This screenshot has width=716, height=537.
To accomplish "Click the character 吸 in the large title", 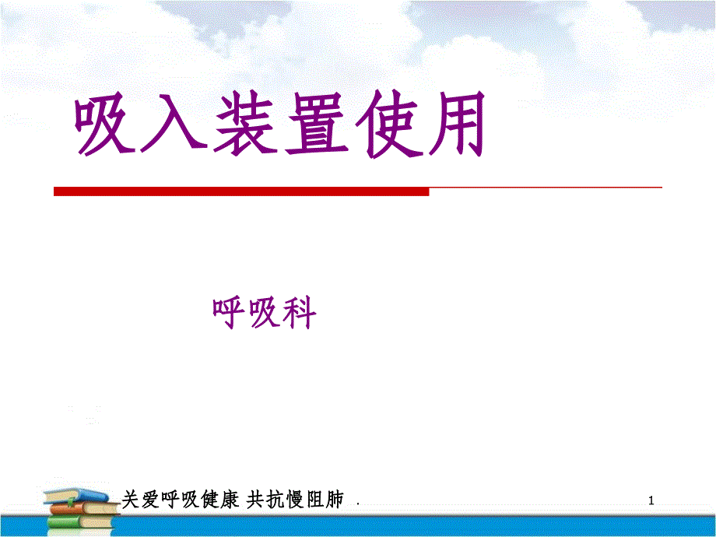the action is (105, 124).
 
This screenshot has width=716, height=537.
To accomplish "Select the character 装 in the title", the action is (245, 124).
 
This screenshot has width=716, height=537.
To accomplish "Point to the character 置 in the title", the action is (316, 124).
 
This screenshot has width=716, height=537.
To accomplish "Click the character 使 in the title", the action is (388, 124).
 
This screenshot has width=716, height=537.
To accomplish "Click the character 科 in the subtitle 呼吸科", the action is (299, 313).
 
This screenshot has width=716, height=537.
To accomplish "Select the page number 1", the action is (651, 500).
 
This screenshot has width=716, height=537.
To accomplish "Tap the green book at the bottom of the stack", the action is (80, 521).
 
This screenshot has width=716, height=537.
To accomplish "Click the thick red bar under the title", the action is (241, 191).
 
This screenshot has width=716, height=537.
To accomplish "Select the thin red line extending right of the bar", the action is (546, 188).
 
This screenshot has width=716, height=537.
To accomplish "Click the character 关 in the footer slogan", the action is (131, 500).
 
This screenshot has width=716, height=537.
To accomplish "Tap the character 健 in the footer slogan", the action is (210, 500).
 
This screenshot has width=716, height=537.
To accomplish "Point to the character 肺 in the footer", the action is (334, 500).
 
